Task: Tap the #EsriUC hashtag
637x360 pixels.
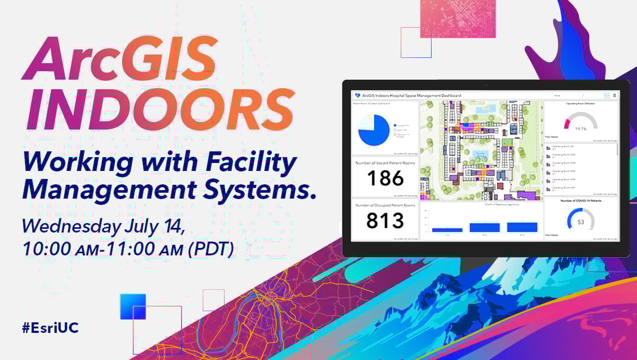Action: coord(50,328)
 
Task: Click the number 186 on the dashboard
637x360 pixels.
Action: coord(385,178)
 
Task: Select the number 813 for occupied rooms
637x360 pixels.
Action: coord(385,220)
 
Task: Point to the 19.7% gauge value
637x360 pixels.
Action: coord(580,128)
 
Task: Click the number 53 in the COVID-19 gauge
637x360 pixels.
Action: coord(580,222)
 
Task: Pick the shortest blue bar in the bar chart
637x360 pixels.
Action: coord(447,229)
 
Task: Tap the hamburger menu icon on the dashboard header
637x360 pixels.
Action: coord(615,96)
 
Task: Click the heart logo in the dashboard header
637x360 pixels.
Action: coord(357,96)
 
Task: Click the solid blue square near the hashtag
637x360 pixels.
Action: coord(133,306)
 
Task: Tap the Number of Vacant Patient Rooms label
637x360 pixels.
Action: coord(385,164)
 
